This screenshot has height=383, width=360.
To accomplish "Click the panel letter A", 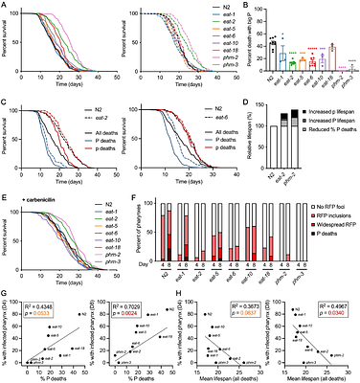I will [x=5, y=5].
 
